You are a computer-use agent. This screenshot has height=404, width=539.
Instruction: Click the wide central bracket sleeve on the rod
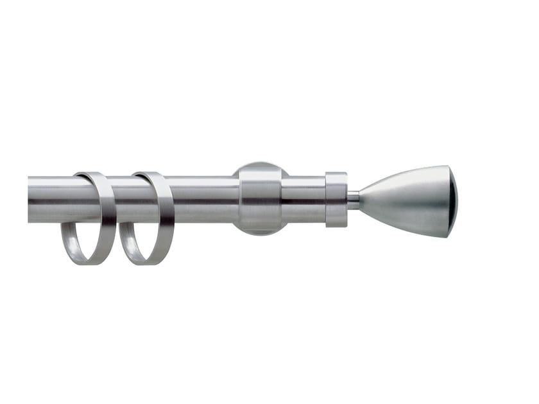point(260,199)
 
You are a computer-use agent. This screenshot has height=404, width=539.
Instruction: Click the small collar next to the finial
point(336,199)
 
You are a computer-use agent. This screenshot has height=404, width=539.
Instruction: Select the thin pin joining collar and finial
point(353,200)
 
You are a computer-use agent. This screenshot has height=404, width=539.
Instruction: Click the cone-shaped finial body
point(411,200)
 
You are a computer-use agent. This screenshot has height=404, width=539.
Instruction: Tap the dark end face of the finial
point(454,201)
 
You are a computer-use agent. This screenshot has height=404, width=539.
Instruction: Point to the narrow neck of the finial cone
point(364,200)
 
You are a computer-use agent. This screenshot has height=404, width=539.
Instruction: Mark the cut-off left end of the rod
point(30,200)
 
